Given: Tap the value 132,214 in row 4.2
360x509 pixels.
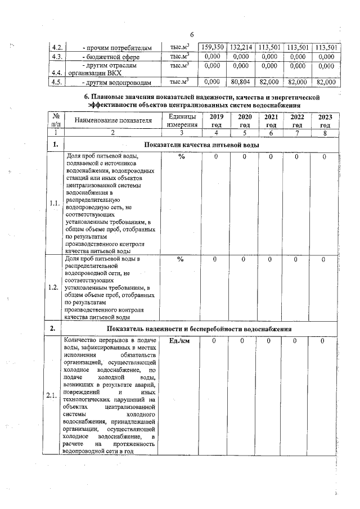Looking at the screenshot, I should (241, 47).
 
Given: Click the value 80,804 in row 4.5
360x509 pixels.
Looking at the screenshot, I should (241, 82).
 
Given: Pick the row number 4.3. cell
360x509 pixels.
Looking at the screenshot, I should (56, 57).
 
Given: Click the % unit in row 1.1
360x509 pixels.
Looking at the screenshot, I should (181, 157).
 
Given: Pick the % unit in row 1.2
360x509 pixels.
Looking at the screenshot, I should (181, 259).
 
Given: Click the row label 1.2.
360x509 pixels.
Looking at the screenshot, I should (55, 287).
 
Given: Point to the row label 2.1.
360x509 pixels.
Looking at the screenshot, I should (55, 395).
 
